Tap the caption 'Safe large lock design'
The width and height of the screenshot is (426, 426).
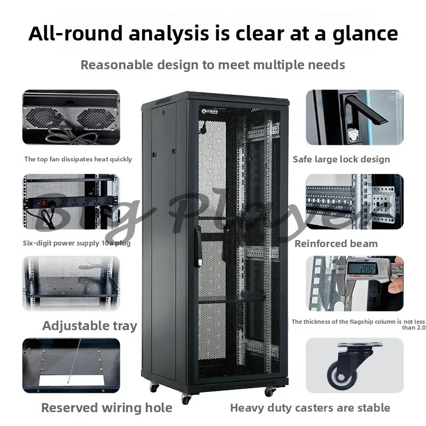click(x=341, y=159)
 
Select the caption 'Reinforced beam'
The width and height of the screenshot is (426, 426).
click(x=336, y=243)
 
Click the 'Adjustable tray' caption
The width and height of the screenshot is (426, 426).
click(x=89, y=326)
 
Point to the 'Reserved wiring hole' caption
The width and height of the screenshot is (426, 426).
click(x=106, y=408)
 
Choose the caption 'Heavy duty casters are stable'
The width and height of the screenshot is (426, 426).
click(x=310, y=408)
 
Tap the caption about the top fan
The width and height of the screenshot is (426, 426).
click(x=78, y=159)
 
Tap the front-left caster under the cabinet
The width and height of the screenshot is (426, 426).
click(x=186, y=398)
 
